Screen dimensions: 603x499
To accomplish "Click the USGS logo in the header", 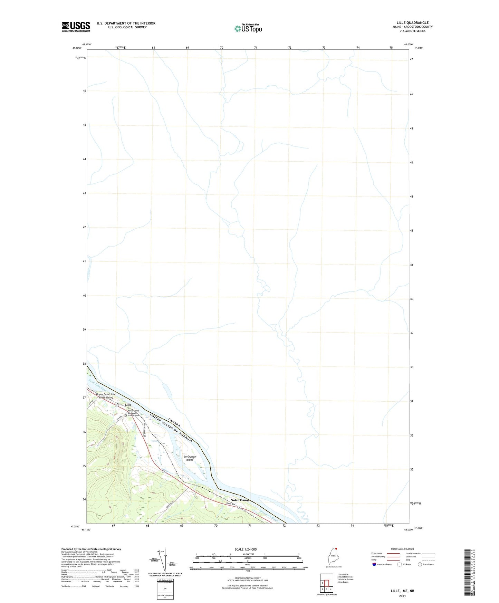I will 76,27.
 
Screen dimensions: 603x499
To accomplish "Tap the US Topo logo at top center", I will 248,28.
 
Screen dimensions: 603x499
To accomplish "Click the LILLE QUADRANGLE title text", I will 412,23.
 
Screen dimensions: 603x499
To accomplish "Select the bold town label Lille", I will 128,404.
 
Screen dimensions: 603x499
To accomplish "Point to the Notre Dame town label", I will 239,500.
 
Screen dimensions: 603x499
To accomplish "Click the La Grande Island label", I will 190,458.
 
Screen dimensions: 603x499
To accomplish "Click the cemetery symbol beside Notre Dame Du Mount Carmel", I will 126,415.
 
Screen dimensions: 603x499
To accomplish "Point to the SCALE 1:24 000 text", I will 246,549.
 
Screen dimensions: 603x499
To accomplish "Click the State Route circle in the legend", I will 420,565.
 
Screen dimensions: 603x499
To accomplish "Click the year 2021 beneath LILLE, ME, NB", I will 402,596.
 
